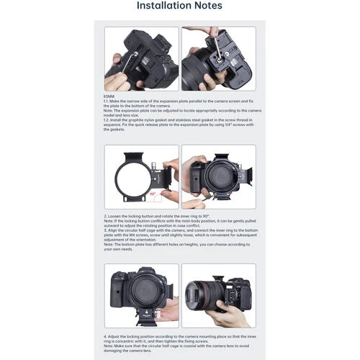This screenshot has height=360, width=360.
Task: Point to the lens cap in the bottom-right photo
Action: click(201, 295)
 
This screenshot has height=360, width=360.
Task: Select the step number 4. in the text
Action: click(107, 336)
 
